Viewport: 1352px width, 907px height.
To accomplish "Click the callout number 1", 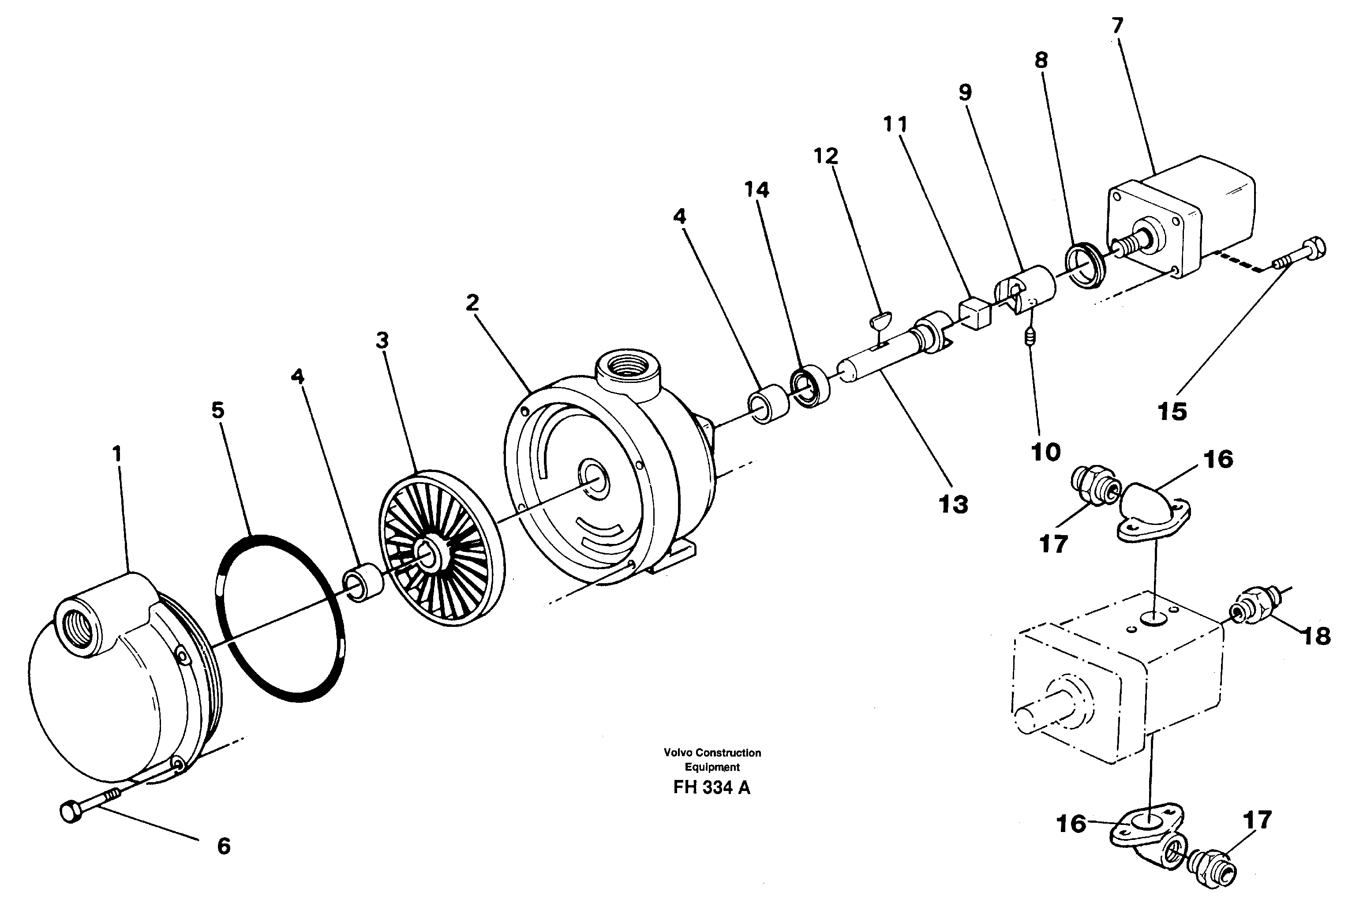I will click(117, 454).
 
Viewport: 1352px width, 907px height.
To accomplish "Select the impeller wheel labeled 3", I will click(441, 547).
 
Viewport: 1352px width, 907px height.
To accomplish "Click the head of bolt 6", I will click(71, 813).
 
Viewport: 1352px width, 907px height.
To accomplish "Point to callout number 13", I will click(953, 504).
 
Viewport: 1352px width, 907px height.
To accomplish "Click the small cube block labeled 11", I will click(975, 314).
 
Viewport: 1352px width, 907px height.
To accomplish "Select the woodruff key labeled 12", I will click(881, 319).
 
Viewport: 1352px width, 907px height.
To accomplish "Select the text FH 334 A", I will click(711, 788).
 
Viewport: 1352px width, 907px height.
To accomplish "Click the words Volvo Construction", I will click(712, 753).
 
